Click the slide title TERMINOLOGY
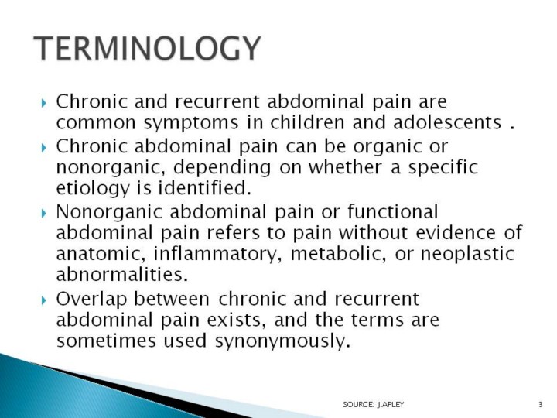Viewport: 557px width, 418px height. coord(148,48)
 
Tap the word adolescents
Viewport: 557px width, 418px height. coord(448,122)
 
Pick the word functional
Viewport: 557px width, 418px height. coord(392,211)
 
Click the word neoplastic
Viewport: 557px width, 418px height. coord(468,255)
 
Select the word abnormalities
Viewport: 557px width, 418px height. coord(122,274)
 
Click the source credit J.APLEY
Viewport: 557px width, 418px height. coord(391,404)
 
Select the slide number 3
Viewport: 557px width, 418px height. coord(540,404)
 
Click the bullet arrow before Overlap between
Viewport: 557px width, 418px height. coord(44,300)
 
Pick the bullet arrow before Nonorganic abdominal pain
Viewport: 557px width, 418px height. coord(44,214)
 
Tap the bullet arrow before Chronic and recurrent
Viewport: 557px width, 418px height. coord(44,103)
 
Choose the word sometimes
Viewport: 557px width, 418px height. coord(106,341)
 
